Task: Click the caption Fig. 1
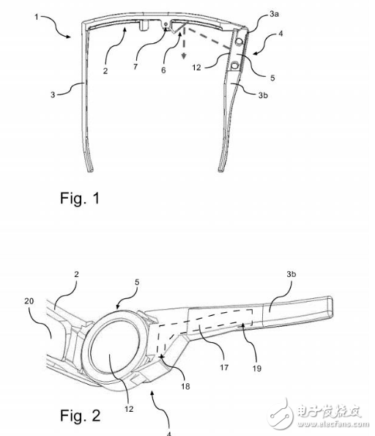click(x=80, y=199)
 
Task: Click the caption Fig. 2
click(x=81, y=415)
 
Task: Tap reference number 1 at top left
click(x=37, y=17)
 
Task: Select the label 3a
click(x=274, y=14)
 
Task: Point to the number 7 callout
click(x=135, y=67)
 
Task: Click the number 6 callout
click(x=163, y=70)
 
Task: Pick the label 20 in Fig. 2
click(x=29, y=301)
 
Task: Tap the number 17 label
click(x=224, y=367)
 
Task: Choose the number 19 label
click(x=257, y=369)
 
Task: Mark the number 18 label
click(x=185, y=386)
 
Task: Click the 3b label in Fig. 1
click(x=263, y=95)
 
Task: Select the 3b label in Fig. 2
click(x=292, y=274)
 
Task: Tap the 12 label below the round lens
click(x=129, y=409)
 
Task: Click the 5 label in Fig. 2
click(x=137, y=282)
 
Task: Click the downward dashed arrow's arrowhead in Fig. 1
click(x=183, y=56)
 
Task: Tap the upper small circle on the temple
click(x=239, y=42)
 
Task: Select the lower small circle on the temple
click(x=235, y=66)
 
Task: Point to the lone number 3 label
click(x=53, y=95)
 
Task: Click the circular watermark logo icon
click(x=281, y=414)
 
